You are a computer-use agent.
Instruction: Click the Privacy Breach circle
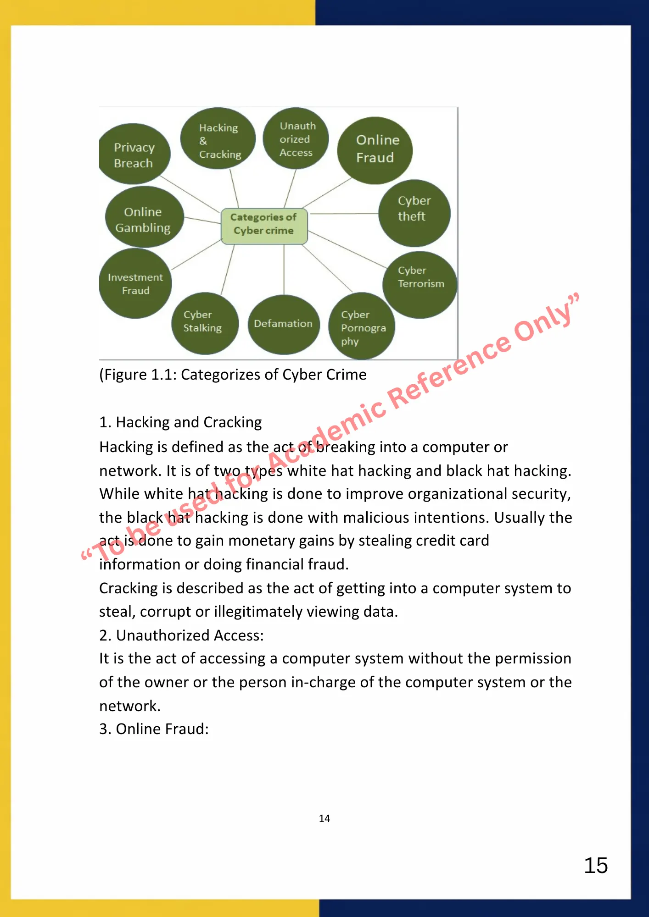coord(134,155)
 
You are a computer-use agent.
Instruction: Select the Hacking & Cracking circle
coord(218,139)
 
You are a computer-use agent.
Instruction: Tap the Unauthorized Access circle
coord(296,138)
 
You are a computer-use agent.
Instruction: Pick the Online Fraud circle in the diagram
coord(375,150)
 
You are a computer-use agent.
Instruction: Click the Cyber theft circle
coord(414,213)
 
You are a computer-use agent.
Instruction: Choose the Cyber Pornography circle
coord(362,326)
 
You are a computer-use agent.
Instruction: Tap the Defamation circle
coord(284,324)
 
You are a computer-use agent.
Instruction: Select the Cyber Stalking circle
coord(205,323)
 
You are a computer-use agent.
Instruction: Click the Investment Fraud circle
coord(135,284)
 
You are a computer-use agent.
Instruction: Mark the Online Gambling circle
coord(144,217)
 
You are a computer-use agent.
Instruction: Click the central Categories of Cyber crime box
coord(264,225)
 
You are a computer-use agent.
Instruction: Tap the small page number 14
coord(324,818)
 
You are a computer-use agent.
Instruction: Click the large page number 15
coord(596,866)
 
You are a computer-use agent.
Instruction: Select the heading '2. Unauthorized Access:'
coord(182,635)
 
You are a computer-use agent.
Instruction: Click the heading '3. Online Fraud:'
coord(154,729)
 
